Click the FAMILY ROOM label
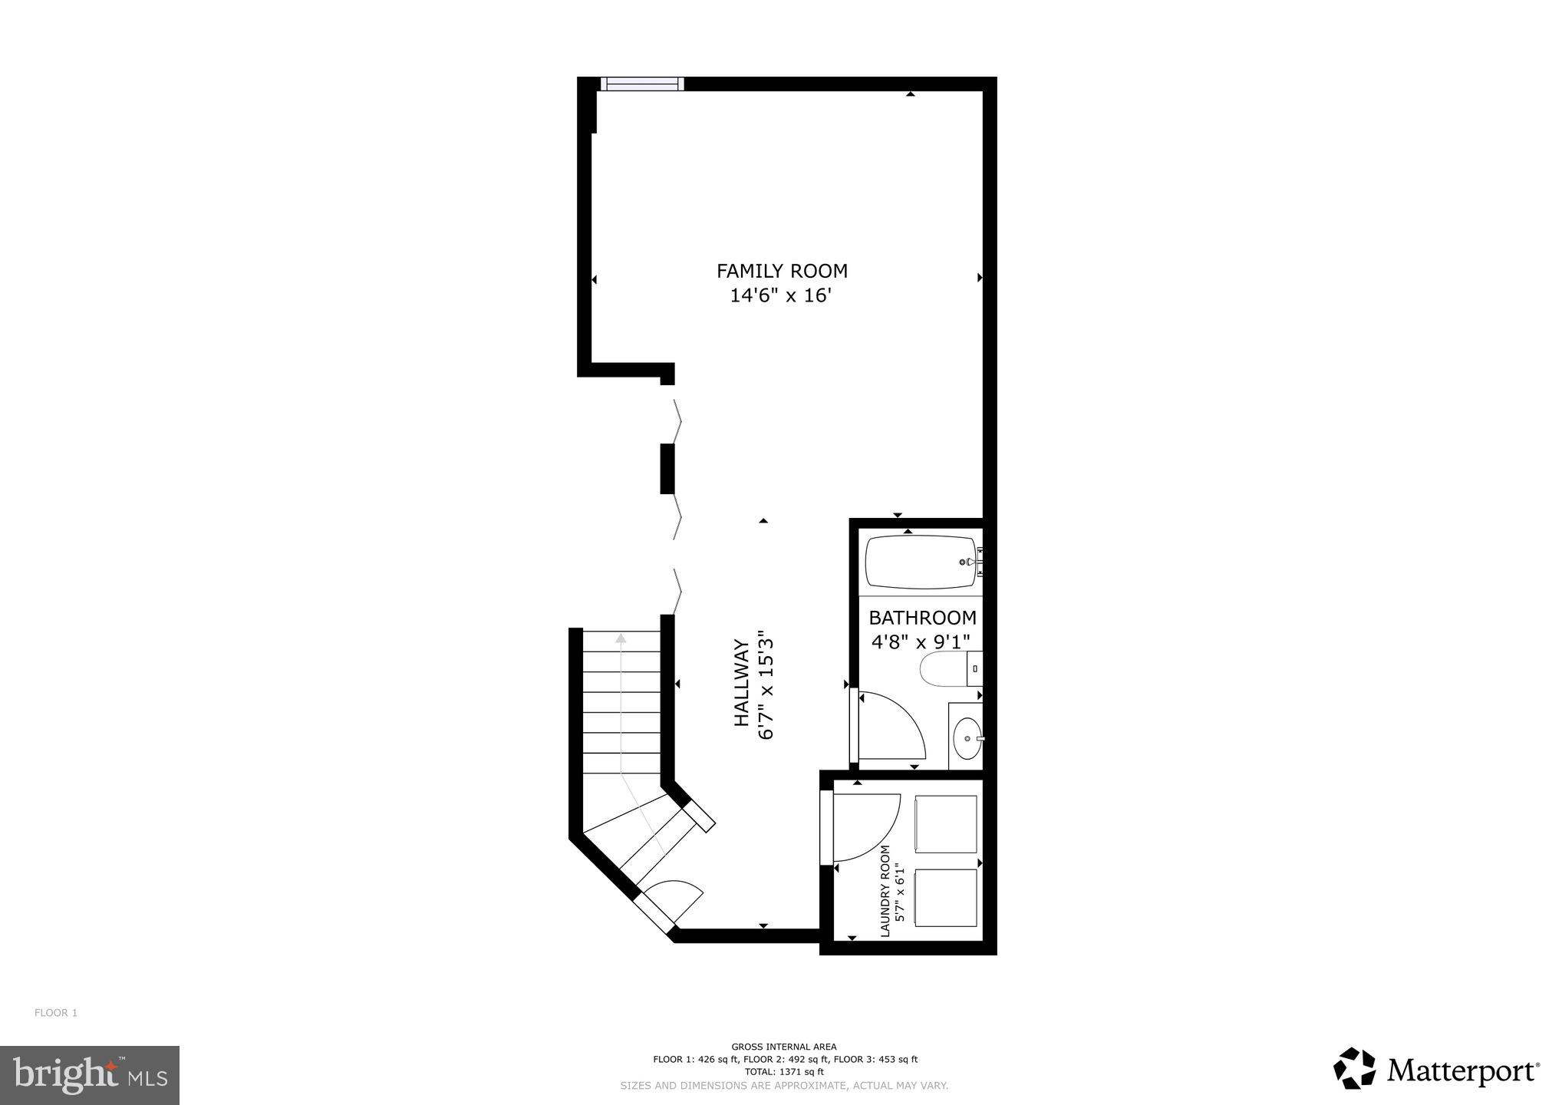(x=782, y=271)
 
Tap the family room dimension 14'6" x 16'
(x=780, y=295)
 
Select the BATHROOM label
(x=922, y=618)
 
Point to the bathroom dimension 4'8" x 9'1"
(x=921, y=642)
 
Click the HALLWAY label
(x=741, y=683)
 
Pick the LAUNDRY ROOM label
(x=885, y=891)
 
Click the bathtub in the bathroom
(x=921, y=562)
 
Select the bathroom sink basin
(x=967, y=738)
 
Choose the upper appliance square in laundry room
(x=945, y=824)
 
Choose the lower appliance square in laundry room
(x=945, y=898)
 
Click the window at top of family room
(x=642, y=84)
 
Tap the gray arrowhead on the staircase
(x=620, y=638)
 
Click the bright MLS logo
(x=90, y=1075)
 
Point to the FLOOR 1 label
(x=56, y=1013)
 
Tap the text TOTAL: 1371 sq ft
(x=784, y=1072)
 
